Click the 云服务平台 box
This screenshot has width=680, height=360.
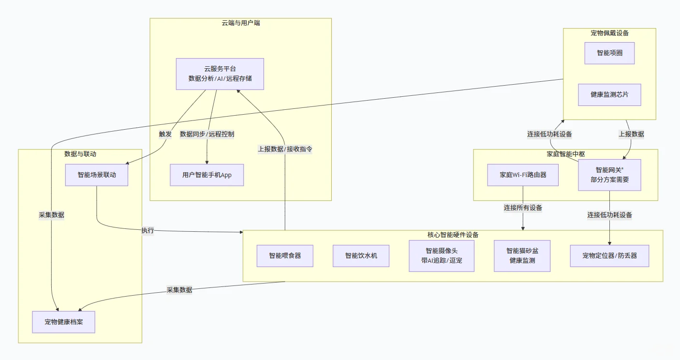(x=220, y=74)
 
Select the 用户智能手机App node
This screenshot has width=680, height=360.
(x=207, y=175)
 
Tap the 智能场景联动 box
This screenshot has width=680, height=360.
(x=97, y=175)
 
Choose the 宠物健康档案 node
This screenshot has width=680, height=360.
(x=64, y=322)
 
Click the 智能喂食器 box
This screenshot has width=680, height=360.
(x=285, y=255)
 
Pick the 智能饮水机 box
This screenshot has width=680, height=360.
(x=361, y=255)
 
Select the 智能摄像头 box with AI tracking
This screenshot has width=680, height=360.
(x=442, y=256)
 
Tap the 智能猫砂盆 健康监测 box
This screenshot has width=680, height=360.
(x=522, y=256)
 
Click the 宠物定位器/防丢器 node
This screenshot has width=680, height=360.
(x=609, y=255)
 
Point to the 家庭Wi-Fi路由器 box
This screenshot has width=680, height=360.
(x=523, y=175)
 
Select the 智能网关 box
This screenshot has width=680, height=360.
(x=609, y=175)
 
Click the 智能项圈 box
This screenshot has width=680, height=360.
(x=609, y=53)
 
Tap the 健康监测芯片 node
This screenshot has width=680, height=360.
(x=609, y=95)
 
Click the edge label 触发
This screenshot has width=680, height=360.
(x=165, y=134)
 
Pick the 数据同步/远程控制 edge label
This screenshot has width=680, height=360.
(x=207, y=134)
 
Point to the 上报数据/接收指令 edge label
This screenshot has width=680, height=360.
(x=285, y=149)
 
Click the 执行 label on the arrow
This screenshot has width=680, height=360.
(x=148, y=231)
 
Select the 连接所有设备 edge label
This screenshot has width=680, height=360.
(x=523, y=208)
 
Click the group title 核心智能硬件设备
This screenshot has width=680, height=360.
(x=453, y=235)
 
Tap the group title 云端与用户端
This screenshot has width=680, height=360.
(x=240, y=23)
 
